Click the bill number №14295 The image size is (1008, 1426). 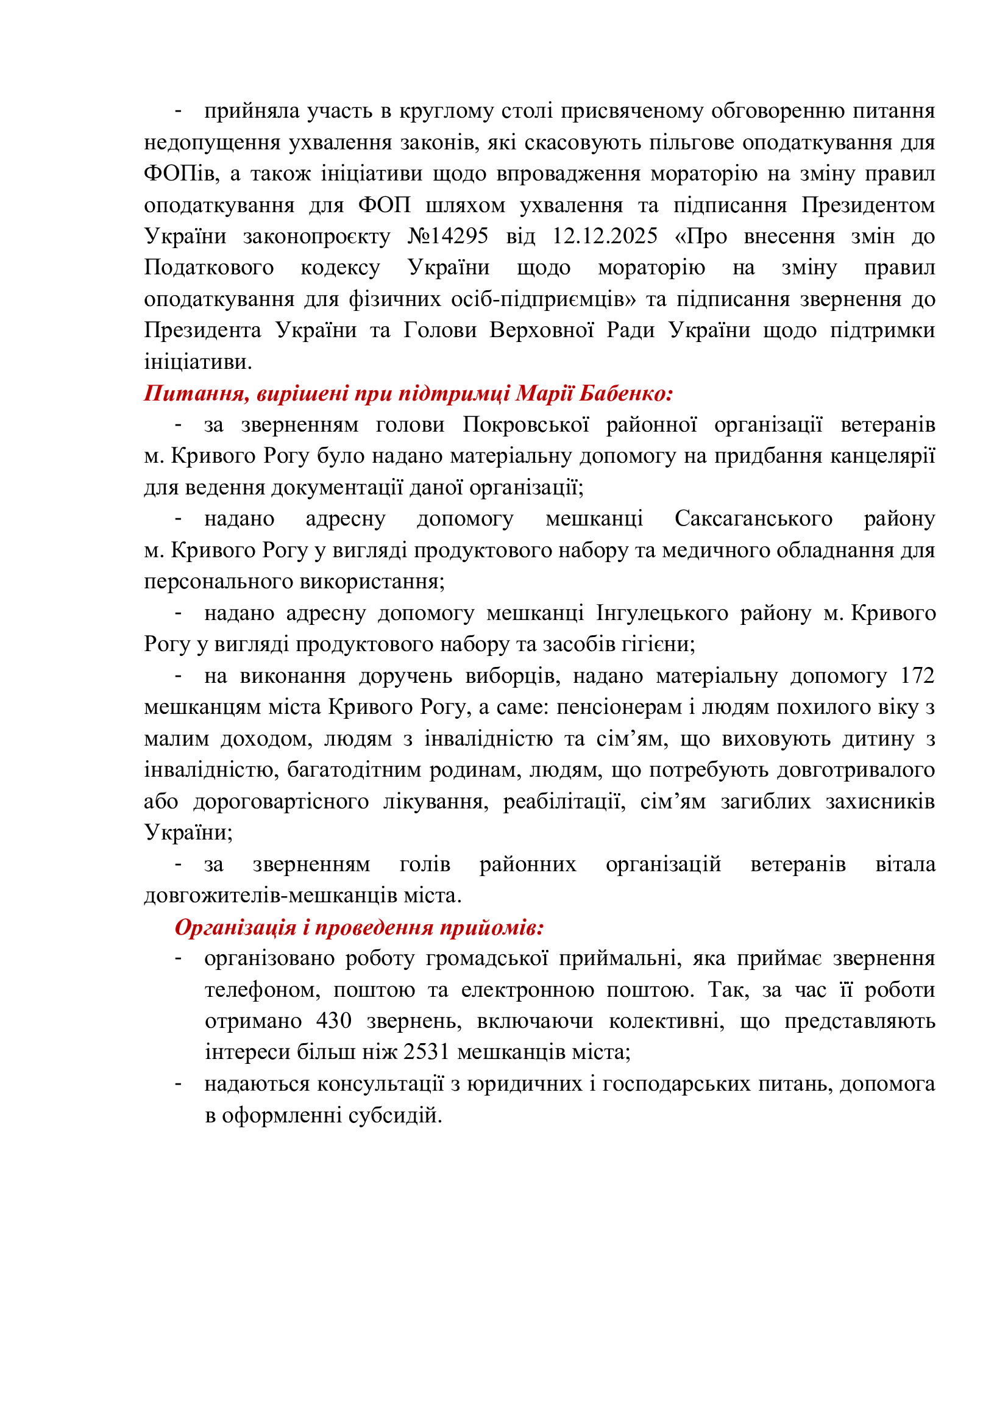[x=447, y=236]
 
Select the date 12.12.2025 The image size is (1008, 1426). [x=605, y=236]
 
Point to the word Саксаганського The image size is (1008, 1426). [x=753, y=518]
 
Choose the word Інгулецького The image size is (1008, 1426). [x=662, y=612]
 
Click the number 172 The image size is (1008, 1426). [x=917, y=675]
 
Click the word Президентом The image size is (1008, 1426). [x=868, y=205]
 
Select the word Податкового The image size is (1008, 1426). [x=209, y=268]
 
